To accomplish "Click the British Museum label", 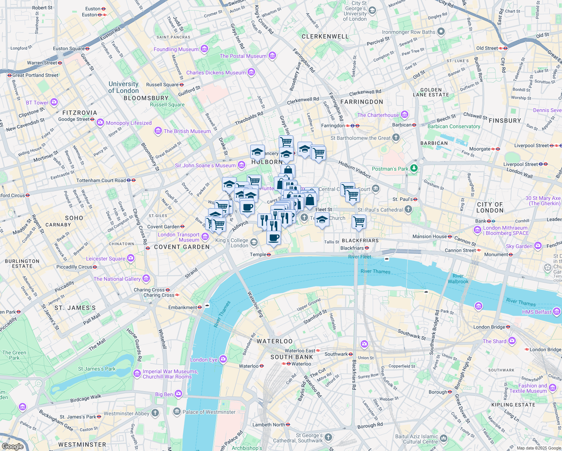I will pyautogui.click(x=187, y=131).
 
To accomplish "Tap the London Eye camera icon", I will pyautogui.click(x=223, y=359).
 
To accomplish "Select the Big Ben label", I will pyautogui.click(x=164, y=394).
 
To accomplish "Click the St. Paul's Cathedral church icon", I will pyautogui.click(x=408, y=210).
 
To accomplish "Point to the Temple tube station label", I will pyautogui.click(x=258, y=254).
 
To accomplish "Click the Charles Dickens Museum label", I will pyautogui.click(x=216, y=73).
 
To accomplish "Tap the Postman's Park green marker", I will pyautogui.click(x=414, y=168).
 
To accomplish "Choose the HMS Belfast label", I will pyautogui.click(x=536, y=312).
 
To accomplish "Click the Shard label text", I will pyautogui.click(x=494, y=341).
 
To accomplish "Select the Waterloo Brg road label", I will pyautogui.click(x=255, y=304).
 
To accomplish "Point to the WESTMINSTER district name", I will pyautogui.click(x=82, y=445).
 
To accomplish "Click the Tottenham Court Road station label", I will pyautogui.click(x=101, y=180).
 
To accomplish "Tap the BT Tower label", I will pyautogui.click(x=37, y=103).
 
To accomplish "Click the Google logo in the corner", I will pyautogui.click(x=12, y=446).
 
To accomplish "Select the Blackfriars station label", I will pyautogui.click(x=352, y=248).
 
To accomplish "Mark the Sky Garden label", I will pyautogui.click(x=519, y=246).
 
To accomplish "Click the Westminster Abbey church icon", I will pyautogui.click(x=155, y=413).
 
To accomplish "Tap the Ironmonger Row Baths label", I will pyautogui.click(x=409, y=32).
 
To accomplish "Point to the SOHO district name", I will pyautogui.click(x=74, y=218).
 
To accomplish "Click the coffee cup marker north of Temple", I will pyautogui.click(x=274, y=238).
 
